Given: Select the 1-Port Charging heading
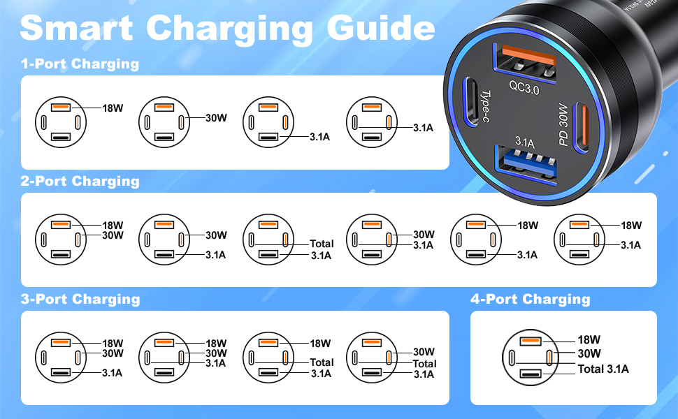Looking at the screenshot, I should click(80, 64).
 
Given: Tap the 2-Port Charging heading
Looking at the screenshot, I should click(80, 182).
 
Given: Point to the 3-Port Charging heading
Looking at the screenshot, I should click(80, 300).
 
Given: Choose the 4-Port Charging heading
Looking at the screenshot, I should click(530, 300).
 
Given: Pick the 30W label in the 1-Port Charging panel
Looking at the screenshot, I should click(216, 118).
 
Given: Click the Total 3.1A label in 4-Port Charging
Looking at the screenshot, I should click(603, 369).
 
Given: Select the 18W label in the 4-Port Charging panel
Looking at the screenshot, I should click(589, 340).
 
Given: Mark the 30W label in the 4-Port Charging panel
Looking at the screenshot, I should click(589, 354).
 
